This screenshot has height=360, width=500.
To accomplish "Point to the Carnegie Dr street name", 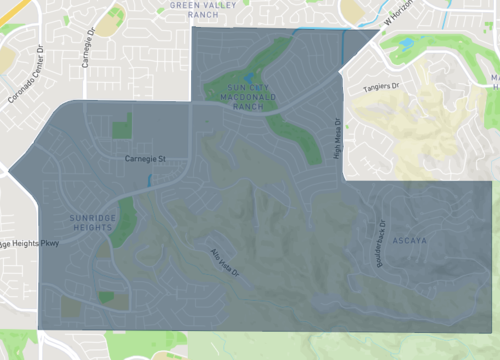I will click(x=96, y=46).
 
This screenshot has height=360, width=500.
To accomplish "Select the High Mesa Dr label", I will click(x=337, y=140).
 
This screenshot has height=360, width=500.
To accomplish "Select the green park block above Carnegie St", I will click(x=121, y=126).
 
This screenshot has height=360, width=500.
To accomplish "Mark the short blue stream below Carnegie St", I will click(x=148, y=181).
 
